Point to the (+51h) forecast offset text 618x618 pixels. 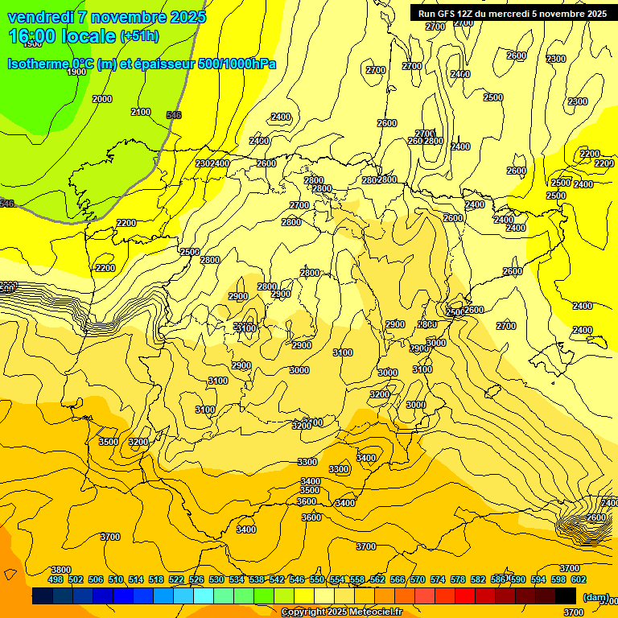[x=139, y=36]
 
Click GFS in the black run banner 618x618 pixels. [x=450, y=14]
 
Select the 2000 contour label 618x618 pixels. [x=102, y=99]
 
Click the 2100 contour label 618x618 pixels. [x=141, y=112]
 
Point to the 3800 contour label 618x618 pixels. [x=61, y=570]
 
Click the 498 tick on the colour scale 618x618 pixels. [x=56, y=579]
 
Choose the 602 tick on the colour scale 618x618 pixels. [x=579, y=579]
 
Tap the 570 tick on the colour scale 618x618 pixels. [x=418, y=579]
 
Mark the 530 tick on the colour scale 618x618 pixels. [x=216, y=579]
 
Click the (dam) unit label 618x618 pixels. [x=596, y=598]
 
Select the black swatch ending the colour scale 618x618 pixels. [x=566, y=595]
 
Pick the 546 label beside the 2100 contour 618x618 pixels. [x=174, y=115]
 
